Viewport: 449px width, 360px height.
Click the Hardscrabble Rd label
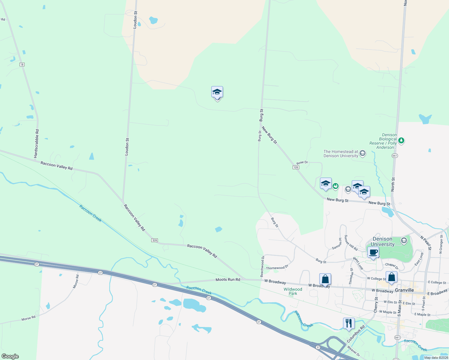point(36,144)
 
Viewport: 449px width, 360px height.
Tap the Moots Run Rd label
point(228,280)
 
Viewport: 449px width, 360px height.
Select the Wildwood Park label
point(293,291)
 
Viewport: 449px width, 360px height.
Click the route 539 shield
point(154,240)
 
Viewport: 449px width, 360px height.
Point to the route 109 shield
point(296,167)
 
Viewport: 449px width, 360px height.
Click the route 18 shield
point(22,64)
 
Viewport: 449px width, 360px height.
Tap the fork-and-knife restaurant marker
point(348,323)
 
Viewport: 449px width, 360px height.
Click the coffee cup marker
point(373,252)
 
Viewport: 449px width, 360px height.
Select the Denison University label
point(382,241)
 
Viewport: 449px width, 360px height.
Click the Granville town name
point(404,290)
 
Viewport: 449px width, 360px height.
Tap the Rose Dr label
point(302,163)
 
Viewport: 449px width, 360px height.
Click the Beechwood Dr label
point(262,266)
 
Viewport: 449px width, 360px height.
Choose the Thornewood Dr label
point(277,267)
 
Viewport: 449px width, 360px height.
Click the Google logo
point(10,356)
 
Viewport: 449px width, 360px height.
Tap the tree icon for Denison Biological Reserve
point(401,140)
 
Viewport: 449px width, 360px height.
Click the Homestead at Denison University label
point(341,154)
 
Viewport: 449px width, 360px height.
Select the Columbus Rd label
point(356,334)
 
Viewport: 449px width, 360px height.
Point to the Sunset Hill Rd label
point(351,243)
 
